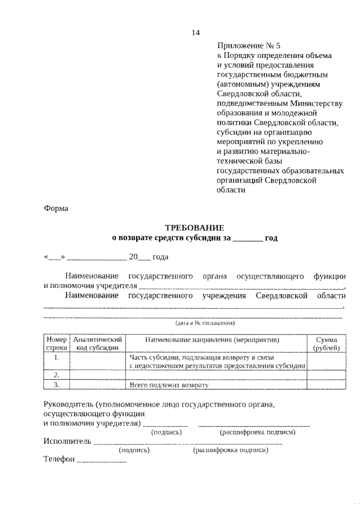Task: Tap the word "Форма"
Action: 56,208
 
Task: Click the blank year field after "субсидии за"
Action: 247,238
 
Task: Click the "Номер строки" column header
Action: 57,344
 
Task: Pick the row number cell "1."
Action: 57,358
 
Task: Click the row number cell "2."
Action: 57,375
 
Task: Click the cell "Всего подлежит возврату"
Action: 169,385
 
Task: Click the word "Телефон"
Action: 59,460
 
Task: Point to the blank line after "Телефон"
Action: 101,461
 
